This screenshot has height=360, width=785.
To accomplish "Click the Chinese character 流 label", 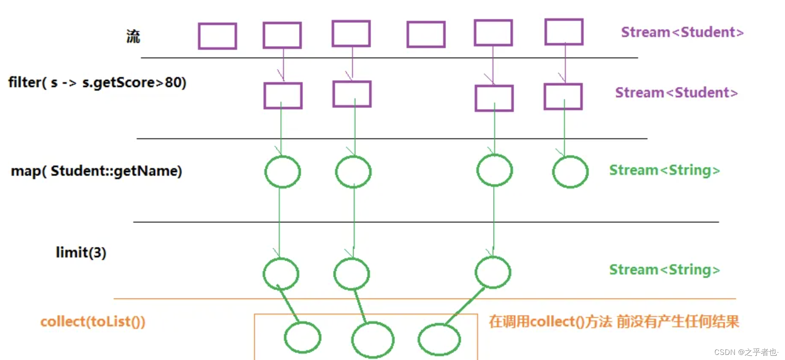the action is (x=133, y=37).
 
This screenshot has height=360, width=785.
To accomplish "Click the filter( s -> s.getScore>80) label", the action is (x=97, y=82).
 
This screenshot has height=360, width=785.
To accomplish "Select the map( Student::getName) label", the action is (x=96, y=171).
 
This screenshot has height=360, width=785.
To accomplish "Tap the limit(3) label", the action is (x=81, y=252).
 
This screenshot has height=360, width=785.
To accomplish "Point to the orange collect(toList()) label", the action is (x=93, y=322).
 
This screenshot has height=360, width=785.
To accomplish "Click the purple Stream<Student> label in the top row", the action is (x=682, y=32).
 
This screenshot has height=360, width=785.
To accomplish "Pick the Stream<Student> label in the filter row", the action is (x=676, y=92).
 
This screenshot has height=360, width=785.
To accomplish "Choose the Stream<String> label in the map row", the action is (x=665, y=170).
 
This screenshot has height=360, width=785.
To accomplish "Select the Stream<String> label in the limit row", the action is (x=665, y=270).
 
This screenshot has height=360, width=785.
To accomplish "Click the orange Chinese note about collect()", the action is (x=614, y=322).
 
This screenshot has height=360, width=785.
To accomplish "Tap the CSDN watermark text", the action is (x=746, y=352).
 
